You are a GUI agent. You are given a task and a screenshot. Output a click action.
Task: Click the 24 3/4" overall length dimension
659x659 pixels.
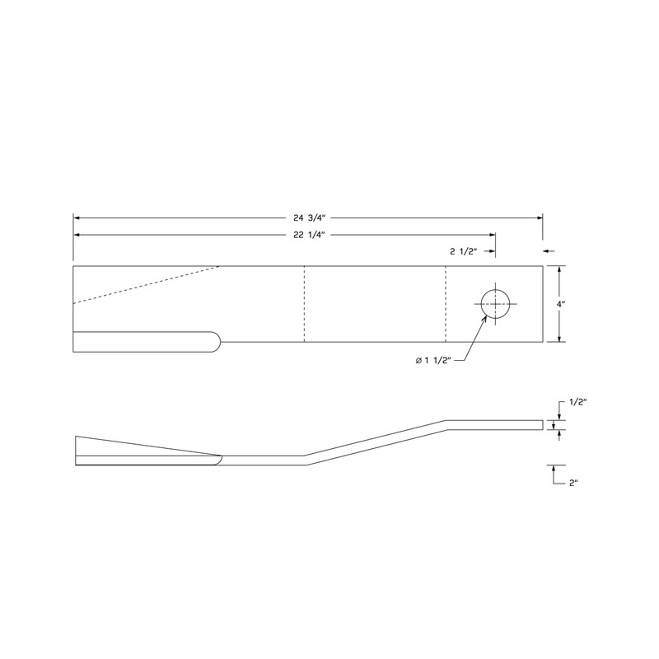click(306, 217)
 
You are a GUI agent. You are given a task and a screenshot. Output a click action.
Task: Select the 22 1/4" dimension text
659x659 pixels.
click(306, 235)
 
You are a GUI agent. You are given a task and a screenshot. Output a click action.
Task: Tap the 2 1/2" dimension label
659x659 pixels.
click(464, 250)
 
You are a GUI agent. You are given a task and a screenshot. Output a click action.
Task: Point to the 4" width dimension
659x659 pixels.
click(560, 304)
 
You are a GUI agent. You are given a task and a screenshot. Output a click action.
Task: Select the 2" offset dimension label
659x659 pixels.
click(575, 483)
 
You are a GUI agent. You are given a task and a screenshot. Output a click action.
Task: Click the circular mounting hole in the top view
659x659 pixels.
click(493, 304)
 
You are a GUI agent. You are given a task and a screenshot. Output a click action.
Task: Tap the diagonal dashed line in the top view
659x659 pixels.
click(148, 285)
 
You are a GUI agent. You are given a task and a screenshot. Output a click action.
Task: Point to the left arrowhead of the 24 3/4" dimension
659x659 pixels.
click(77, 217)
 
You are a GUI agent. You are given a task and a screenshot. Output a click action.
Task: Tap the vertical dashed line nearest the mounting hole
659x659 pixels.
click(446, 304)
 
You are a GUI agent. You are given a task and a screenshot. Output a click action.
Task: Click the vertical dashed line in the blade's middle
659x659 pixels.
click(304, 304)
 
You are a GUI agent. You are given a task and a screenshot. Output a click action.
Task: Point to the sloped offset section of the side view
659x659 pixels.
click(375, 443)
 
